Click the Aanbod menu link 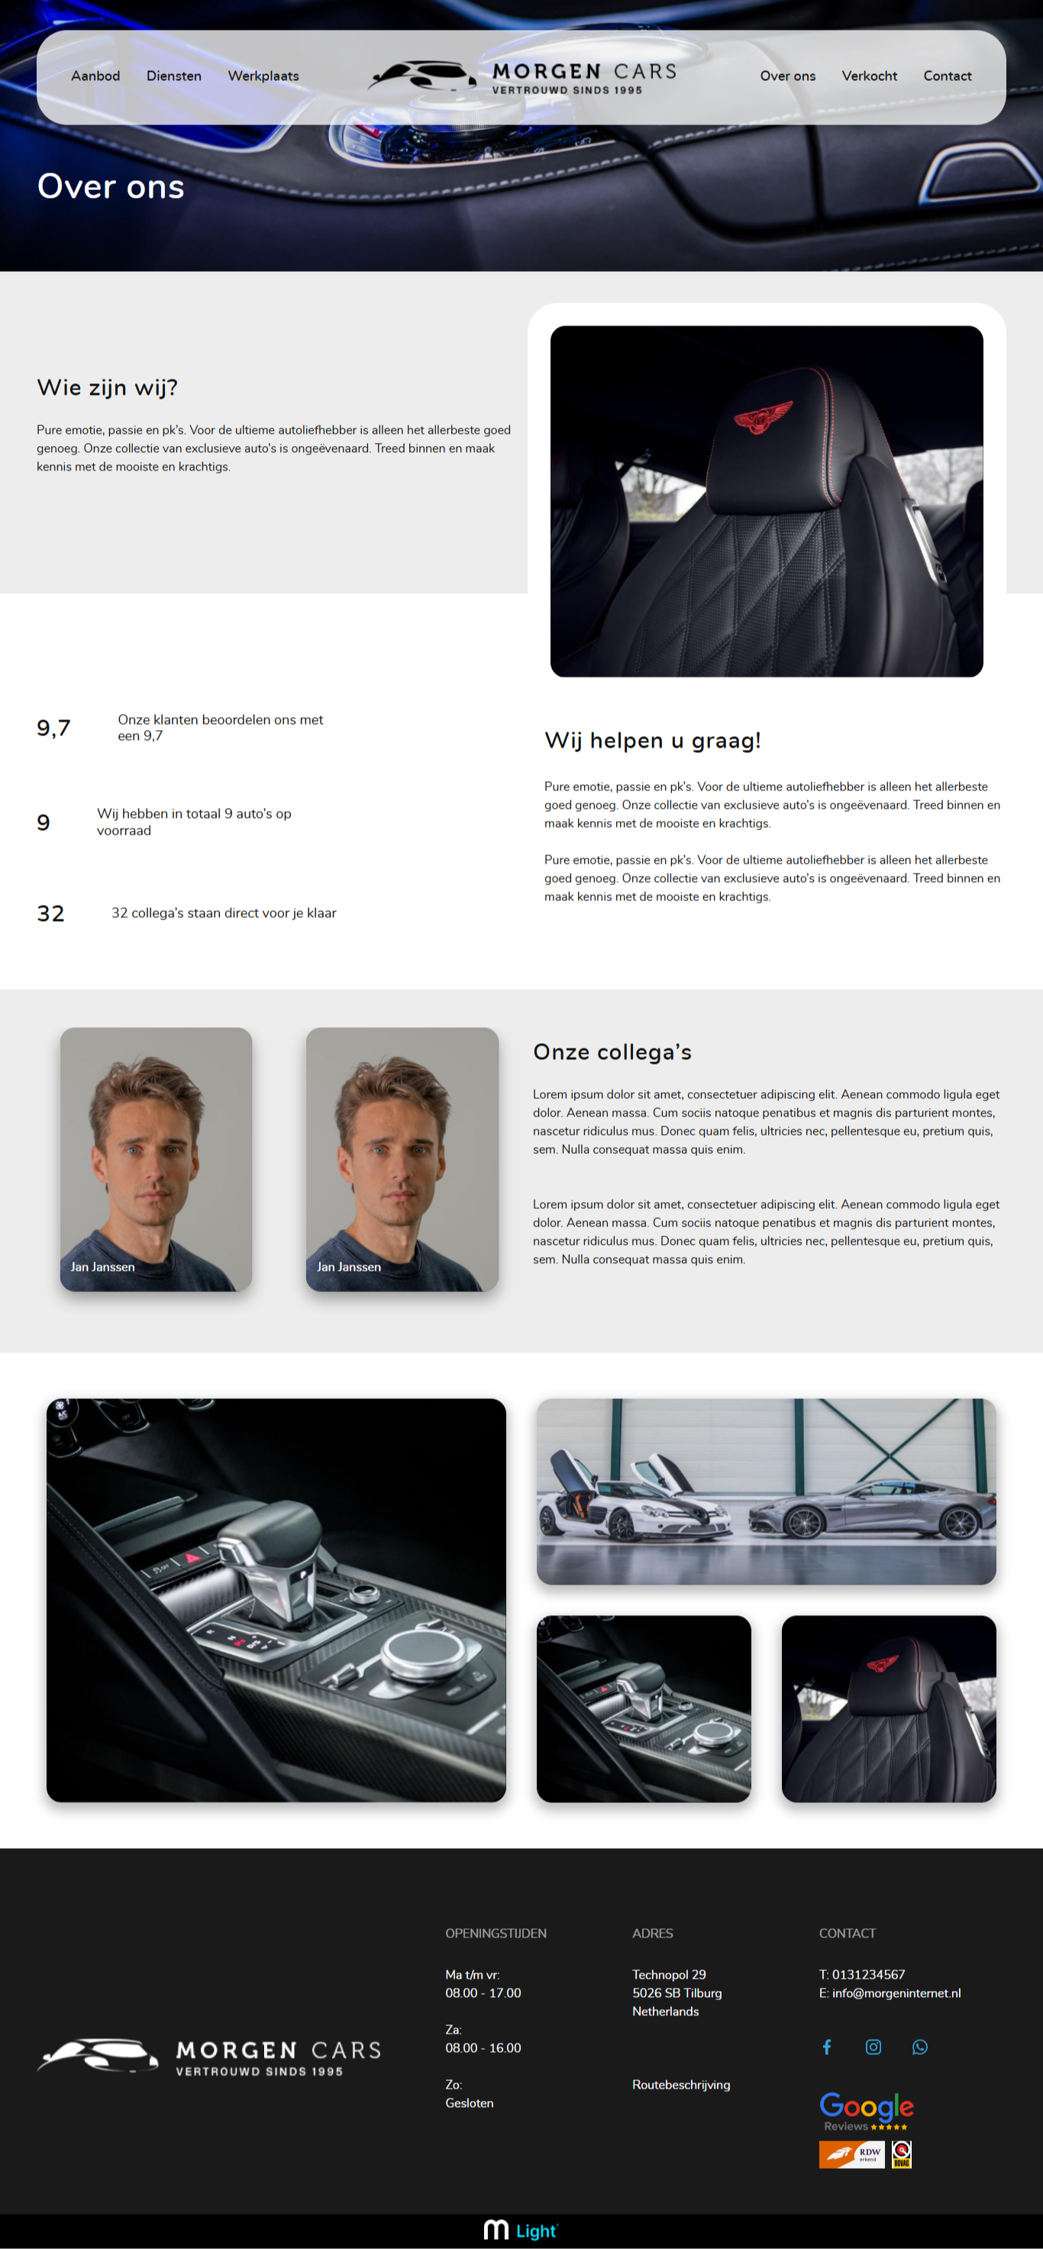95,76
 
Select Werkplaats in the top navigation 263,76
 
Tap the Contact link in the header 947,76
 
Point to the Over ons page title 111,187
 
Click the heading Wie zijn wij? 108,388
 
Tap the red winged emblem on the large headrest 763,416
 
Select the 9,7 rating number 53,728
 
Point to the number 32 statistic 50,913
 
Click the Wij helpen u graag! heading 652,740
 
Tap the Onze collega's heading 612,1052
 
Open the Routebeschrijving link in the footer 681,2085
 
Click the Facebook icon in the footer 827,2047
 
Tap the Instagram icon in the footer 873,2047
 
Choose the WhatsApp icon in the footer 920,2047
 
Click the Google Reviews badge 866,2111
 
